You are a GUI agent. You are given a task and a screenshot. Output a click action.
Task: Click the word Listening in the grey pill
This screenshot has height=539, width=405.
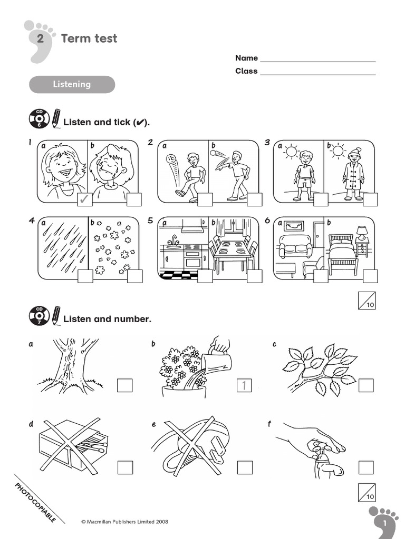tap(71, 84)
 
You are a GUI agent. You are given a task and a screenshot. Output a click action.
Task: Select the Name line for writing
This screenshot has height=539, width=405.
tap(317, 59)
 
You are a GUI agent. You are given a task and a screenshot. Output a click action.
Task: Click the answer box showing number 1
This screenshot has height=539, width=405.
tap(245, 386)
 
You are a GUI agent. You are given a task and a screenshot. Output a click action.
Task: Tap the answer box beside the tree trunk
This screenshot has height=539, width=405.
tap(124, 386)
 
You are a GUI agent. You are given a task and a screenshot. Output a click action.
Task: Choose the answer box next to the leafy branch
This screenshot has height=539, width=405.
tap(366, 386)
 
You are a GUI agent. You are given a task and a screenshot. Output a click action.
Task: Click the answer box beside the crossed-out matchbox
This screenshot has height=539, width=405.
tap(125, 467)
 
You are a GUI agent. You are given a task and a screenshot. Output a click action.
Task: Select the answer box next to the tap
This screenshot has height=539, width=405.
tap(366, 467)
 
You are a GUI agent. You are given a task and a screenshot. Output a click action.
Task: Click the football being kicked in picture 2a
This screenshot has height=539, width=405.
tap(170, 159)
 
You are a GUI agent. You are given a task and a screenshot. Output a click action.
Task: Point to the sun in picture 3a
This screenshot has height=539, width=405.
tap(290, 152)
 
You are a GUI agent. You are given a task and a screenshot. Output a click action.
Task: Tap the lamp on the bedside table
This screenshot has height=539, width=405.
tap(362, 232)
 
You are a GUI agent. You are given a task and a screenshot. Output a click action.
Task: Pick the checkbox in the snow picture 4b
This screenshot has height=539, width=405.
tap(134, 276)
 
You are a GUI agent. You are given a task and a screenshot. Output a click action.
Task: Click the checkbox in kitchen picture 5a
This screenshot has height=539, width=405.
tap(205, 276)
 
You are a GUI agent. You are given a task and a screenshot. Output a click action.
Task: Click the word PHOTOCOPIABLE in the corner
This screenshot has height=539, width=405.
tap(35, 501)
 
